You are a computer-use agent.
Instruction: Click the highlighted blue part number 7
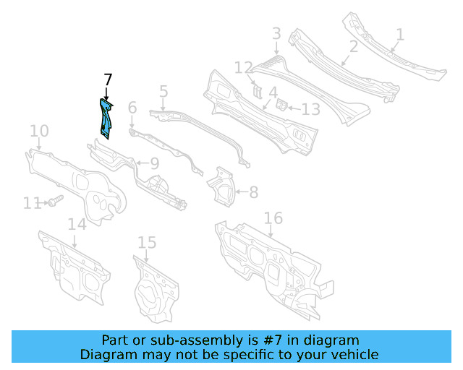(x=106, y=118)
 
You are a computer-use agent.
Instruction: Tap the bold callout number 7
(x=108, y=79)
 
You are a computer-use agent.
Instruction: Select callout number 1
(x=400, y=34)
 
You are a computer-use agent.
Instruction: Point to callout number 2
(x=354, y=47)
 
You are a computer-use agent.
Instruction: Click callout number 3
(x=276, y=33)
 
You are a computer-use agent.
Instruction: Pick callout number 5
(x=163, y=92)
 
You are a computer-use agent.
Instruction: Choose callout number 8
(x=253, y=192)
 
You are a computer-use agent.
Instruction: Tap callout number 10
(x=39, y=131)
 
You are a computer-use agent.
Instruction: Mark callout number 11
(x=32, y=204)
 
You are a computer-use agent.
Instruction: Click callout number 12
(x=242, y=68)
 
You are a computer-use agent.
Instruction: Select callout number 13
(x=310, y=110)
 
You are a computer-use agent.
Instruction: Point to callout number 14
(x=77, y=224)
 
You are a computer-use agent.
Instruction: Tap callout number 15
(x=147, y=243)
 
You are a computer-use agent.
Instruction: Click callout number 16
(x=272, y=218)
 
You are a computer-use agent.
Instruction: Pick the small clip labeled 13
(x=284, y=106)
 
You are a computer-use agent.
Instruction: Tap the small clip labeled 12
(x=256, y=91)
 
